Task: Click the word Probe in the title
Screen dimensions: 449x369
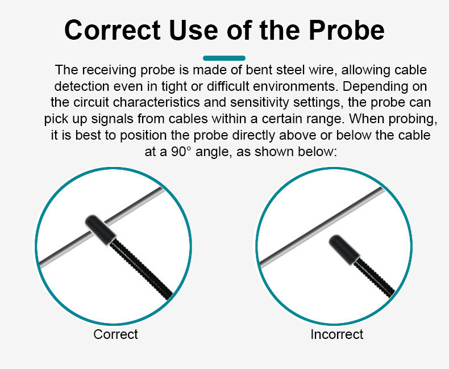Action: [x=347, y=30]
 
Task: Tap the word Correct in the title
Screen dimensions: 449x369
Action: [x=113, y=30]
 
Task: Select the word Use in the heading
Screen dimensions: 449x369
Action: [x=194, y=30]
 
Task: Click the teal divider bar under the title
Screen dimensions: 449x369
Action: [x=224, y=58]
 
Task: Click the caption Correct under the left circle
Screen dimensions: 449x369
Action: [x=115, y=334]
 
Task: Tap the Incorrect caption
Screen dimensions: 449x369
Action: [x=336, y=334]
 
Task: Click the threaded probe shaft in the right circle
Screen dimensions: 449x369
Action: [x=373, y=278]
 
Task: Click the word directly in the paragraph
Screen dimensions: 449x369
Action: [x=253, y=135]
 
